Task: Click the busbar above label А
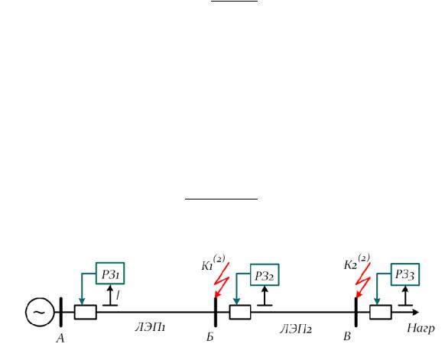[60, 312]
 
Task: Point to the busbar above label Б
[216, 312]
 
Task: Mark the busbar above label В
[356, 312]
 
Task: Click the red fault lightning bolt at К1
[222, 281]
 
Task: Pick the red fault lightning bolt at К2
[362, 281]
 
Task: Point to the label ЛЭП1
[150, 328]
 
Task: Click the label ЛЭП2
[296, 329]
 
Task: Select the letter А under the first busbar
[60, 338]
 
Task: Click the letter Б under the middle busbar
[210, 337]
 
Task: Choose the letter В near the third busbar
[347, 336]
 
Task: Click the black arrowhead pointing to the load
[415, 312]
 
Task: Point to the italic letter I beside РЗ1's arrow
[118, 295]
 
